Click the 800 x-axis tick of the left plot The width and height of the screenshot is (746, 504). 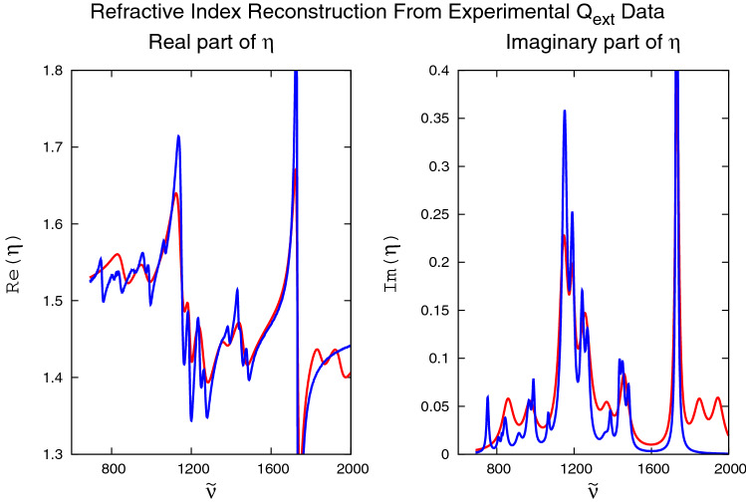(x=113, y=469)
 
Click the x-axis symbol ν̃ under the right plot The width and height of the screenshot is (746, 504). (x=593, y=490)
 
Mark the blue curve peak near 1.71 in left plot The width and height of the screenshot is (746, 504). (x=178, y=136)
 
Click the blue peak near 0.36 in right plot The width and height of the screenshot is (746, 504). (x=564, y=111)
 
